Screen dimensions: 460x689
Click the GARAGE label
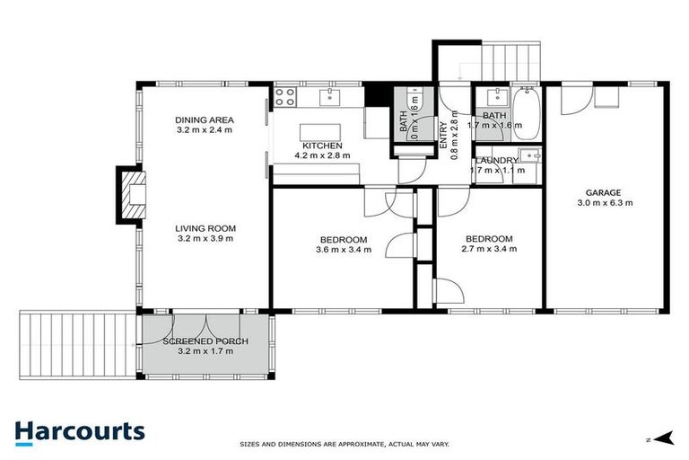click(x=604, y=192)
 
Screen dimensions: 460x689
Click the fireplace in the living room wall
click(x=128, y=195)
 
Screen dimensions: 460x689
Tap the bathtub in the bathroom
click(x=527, y=111)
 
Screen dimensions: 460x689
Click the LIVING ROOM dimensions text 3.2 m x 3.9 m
click(x=204, y=239)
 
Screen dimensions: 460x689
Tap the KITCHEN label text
click(x=322, y=146)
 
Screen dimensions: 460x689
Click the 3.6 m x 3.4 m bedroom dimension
click(x=342, y=249)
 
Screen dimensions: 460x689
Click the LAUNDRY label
click(x=496, y=161)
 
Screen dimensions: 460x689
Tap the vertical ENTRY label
click(x=442, y=136)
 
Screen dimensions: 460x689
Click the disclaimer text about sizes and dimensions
click(x=344, y=444)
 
